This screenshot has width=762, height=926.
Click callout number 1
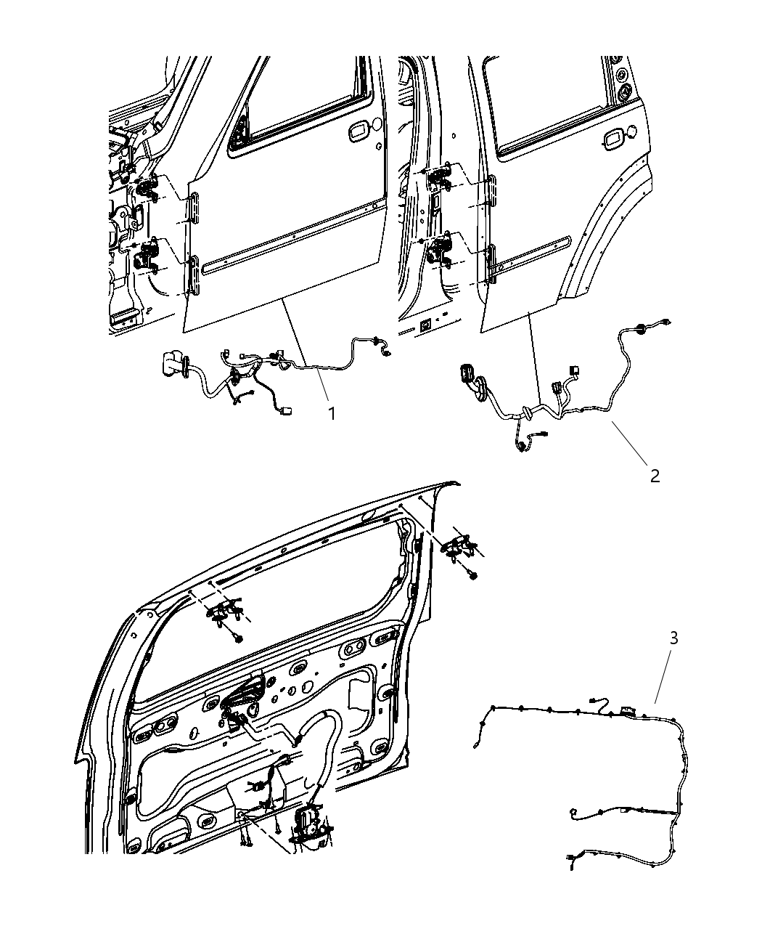click(331, 413)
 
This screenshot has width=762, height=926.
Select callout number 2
click(655, 476)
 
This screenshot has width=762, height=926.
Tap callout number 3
click(674, 638)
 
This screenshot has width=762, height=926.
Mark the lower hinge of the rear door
click(440, 251)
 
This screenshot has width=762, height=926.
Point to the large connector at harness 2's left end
click(466, 378)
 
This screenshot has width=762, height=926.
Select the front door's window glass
click(305, 94)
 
